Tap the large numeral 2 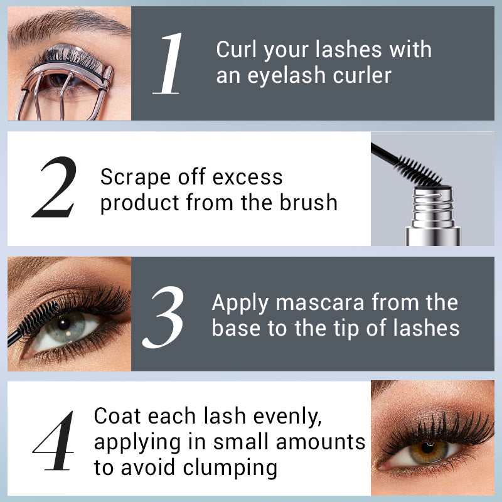(x=55, y=187)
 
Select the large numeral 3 (x=163, y=318)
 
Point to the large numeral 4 (x=54, y=441)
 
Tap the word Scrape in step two (x=136, y=178)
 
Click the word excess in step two (x=247, y=178)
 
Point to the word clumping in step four (x=230, y=468)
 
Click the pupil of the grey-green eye (x=63, y=324)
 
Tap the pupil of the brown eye (x=427, y=447)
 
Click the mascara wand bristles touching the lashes (x=38, y=318)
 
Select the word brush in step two (x=309, y=202)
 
